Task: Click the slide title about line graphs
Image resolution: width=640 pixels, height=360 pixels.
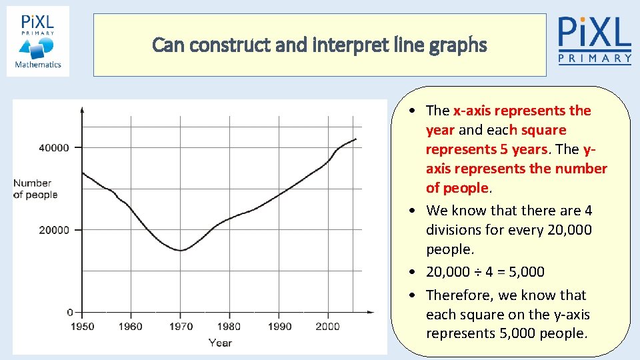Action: [x=319, y=45]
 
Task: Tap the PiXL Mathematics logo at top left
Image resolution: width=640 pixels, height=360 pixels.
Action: [x=38, y=41]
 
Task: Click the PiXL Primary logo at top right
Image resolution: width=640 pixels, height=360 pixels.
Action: [x=594, y=41]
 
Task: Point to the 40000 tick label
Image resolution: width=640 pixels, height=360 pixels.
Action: [x=53, y=147]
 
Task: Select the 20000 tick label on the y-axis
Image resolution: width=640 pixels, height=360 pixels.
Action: [x=53, y=230]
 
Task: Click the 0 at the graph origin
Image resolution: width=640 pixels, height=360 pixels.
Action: [x=69, y=312]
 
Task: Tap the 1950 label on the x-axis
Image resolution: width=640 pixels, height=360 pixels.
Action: [x=82, y=327]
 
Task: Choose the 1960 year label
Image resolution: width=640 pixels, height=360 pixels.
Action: [x=131, y=327]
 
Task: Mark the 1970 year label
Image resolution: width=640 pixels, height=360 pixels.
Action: [x=181, y=327]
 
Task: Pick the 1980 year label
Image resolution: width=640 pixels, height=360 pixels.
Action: [x=230, y=327]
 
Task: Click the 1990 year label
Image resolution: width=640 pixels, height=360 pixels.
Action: [x=279, y=327]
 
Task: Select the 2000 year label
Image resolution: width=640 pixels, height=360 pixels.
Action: [x=328, y=327]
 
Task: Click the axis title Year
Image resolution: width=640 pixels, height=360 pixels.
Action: [x=220, y=343]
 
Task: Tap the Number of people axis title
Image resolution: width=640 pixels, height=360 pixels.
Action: [x=35, y=189]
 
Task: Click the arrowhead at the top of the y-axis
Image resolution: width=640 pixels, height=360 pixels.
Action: [x=82, y=109]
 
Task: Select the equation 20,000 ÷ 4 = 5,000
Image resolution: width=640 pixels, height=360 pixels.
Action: [x=485, y=272]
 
